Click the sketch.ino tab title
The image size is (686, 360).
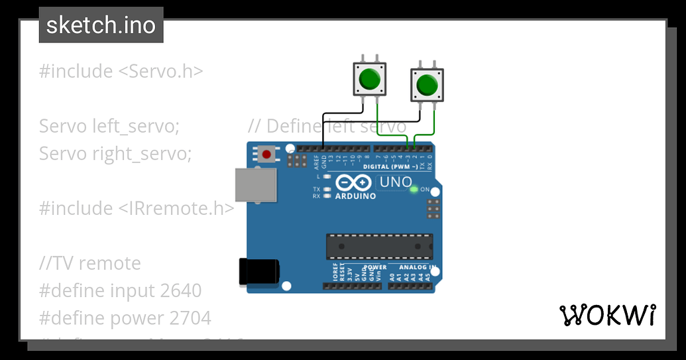pos(101,26)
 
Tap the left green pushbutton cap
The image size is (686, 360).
pos(369,80)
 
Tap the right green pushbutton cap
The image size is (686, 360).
pos(427,85)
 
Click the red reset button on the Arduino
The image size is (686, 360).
pos(266,154)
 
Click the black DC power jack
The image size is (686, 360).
pos(258,272)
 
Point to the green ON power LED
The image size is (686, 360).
pos(414,190)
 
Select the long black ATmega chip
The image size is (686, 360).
pos(378,246)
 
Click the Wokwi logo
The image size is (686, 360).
pos(608,316)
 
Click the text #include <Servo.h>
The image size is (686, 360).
pos(121,71)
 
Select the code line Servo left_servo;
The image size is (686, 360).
pos(109,126)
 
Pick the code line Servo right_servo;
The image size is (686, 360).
pos(115,154)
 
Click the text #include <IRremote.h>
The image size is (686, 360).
pos(137,208)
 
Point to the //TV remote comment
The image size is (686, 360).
pos(90,263)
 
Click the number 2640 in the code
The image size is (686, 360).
pos(181,290)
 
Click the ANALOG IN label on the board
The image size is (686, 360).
pos(418,268)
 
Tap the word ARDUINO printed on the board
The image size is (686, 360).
pos(355,196)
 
